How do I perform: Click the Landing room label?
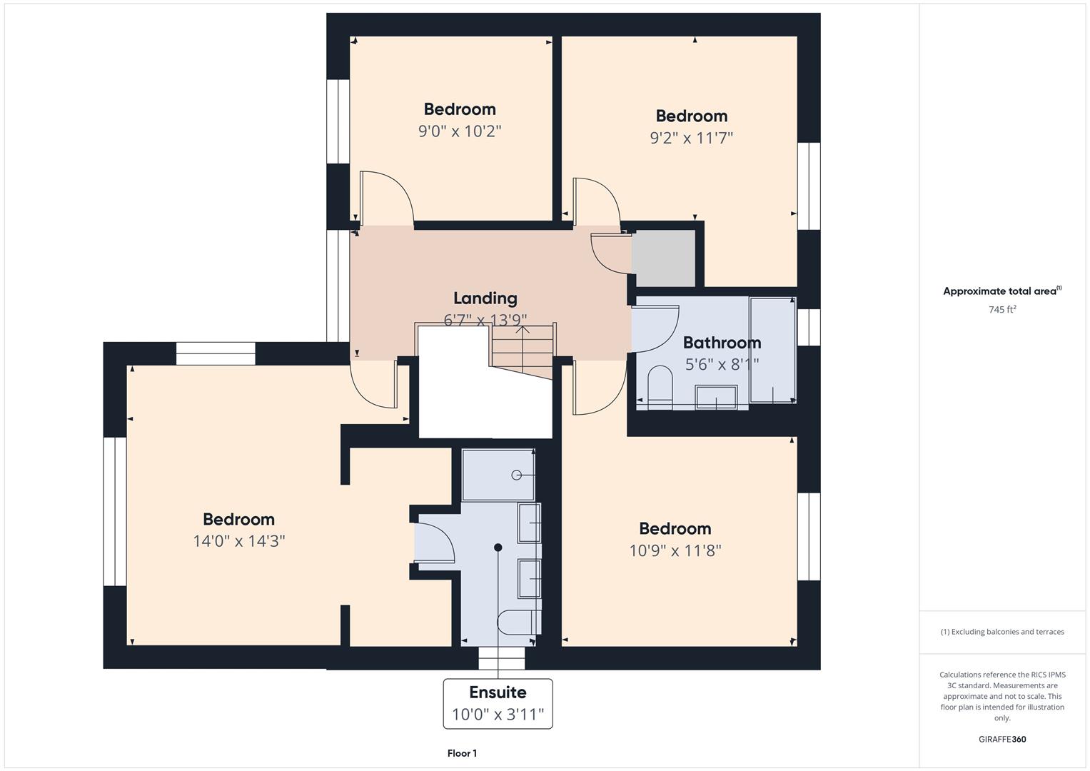coord(485,298)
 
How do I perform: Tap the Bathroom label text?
coord(722,343)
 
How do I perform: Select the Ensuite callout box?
coord(498,703)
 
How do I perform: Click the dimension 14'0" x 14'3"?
coord(238,541)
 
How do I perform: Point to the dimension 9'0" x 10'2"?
coord(460,131)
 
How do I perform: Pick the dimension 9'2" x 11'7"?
coord(691,138)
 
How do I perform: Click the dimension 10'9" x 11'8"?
coord(675,550)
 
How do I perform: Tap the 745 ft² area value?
coord(1001,310)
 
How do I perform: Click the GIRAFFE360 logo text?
coord(1001,739)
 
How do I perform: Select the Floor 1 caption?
coord(462,753)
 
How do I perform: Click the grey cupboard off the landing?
coord(663,258)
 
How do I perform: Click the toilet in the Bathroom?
coord(660,385)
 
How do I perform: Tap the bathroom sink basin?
coord(716,397)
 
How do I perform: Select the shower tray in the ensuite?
coord(498,475)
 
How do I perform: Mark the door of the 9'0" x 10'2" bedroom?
coord(385,196)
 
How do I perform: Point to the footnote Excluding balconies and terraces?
coord(1001,632)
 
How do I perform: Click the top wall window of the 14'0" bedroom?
coord(215,354)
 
